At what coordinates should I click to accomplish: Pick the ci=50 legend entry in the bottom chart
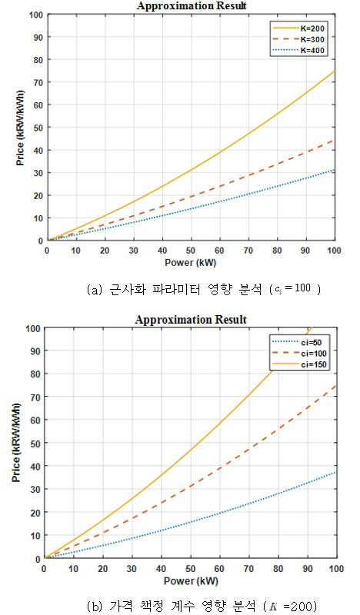(x=298, y=342)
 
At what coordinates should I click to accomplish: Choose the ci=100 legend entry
(x=298, y=354)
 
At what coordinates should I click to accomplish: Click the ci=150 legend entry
(x=298, y=364)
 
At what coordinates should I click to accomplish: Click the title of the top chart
(x=192, y=6)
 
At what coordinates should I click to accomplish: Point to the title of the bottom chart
(x=191, y=320)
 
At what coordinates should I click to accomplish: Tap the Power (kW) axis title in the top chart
(x=191, y=262)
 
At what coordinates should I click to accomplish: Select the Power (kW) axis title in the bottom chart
(x=191, y=580)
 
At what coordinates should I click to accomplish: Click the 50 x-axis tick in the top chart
(x=192, y=251)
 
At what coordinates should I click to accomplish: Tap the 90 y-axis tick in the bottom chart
(x=35, y=351)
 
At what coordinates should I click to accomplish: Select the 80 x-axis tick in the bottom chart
(x=278, y=568)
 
